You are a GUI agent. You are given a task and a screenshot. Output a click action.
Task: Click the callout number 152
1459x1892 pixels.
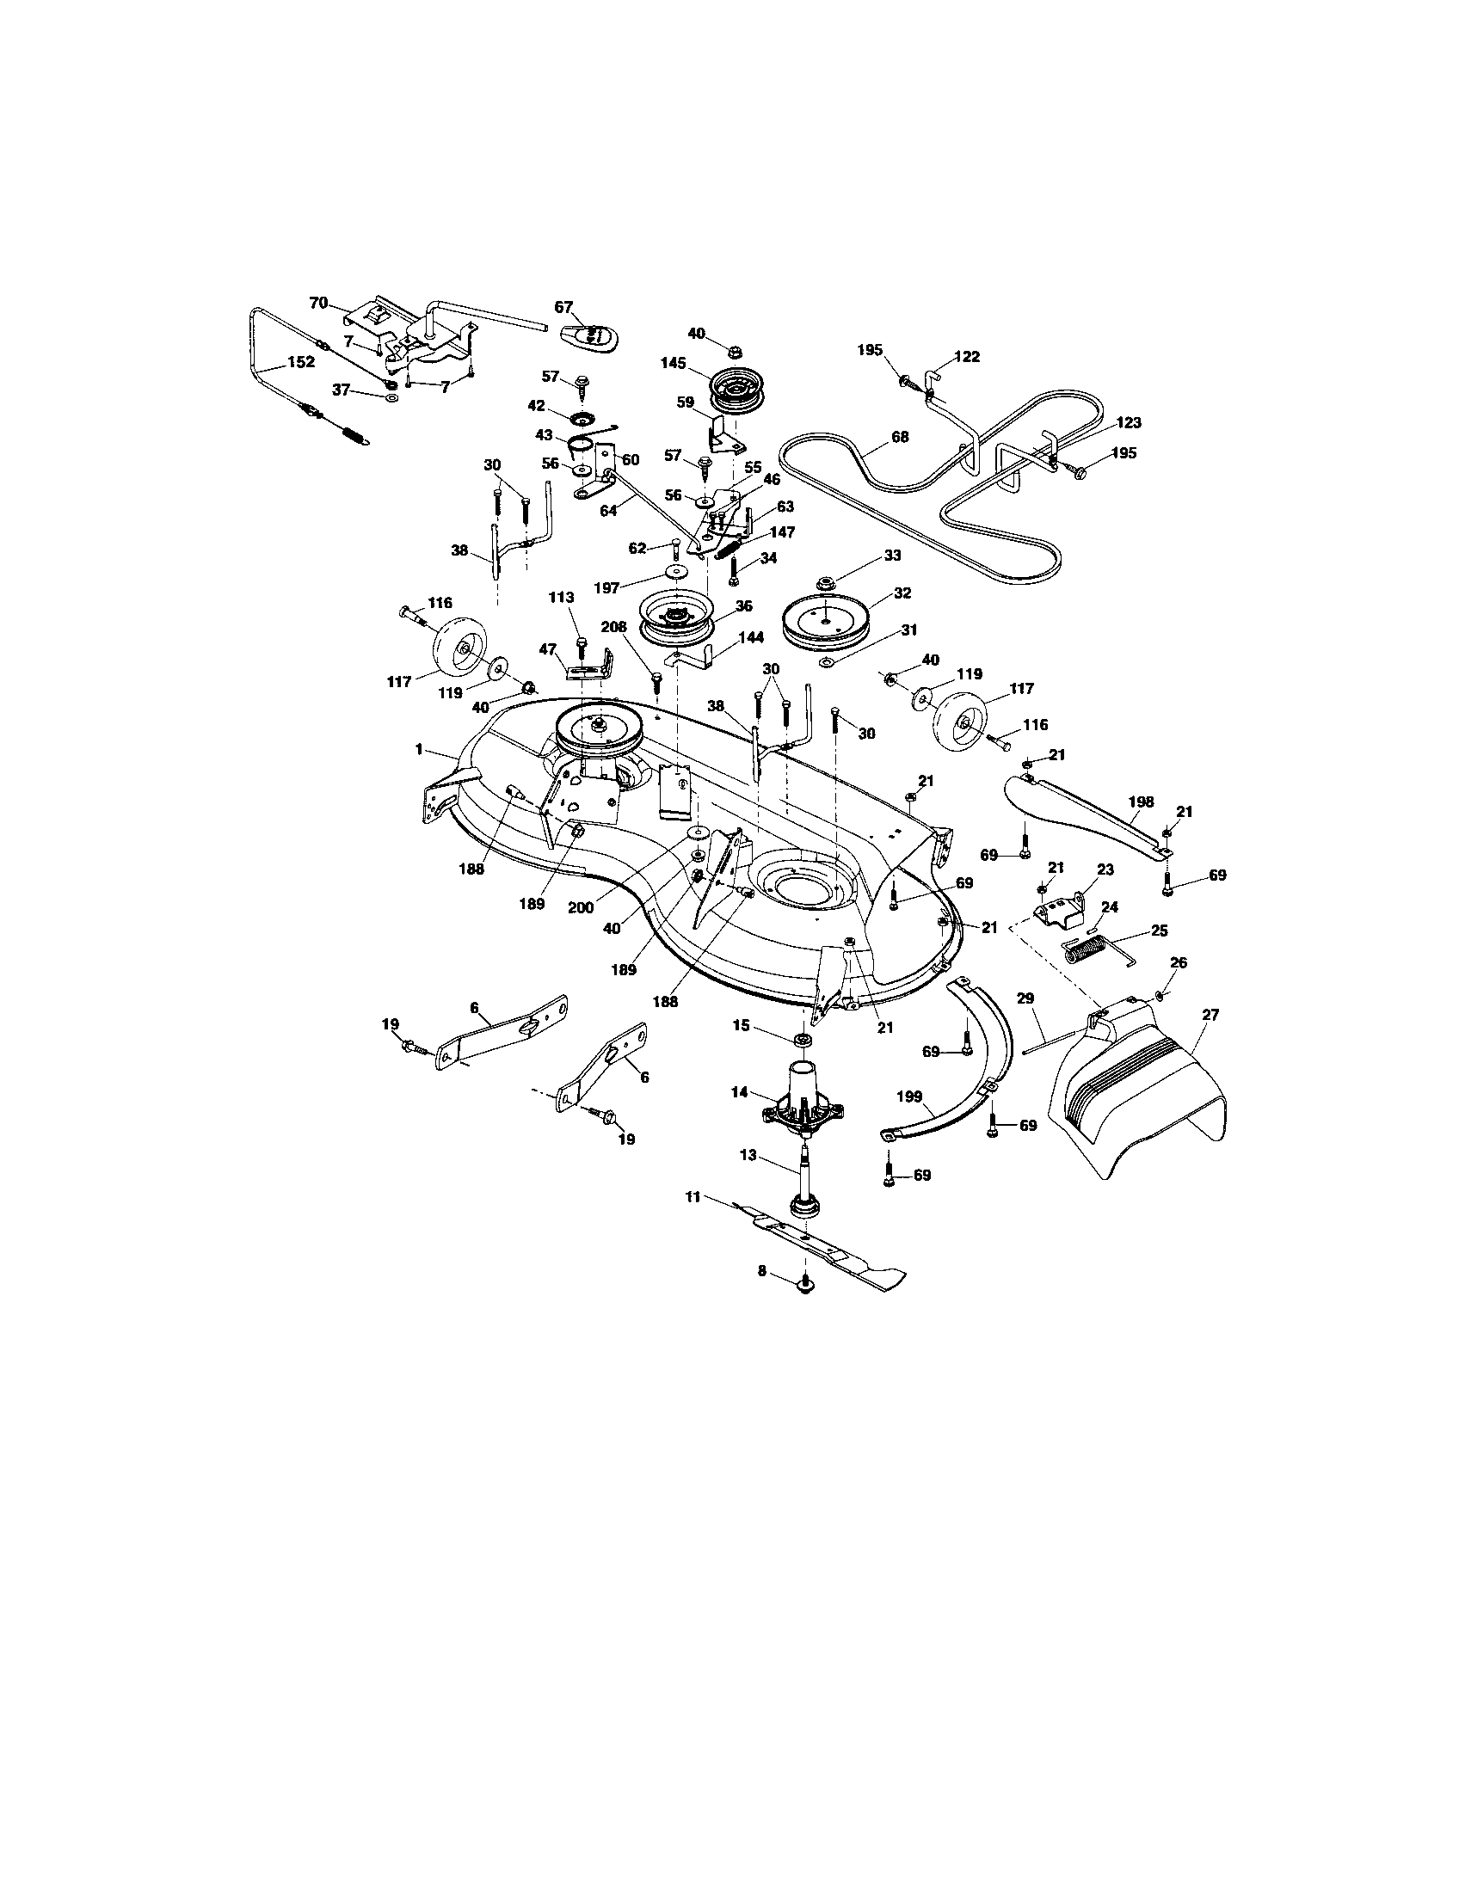click(300, 362)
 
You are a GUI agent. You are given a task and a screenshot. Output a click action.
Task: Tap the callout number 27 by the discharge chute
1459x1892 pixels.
click(1210, 1015)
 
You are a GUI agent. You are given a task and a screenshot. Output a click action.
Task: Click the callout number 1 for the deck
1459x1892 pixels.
click(419, 749)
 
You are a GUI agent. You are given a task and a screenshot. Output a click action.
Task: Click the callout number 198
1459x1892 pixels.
click(1141, 802)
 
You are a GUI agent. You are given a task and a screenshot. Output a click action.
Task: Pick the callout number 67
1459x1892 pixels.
click(563, 307)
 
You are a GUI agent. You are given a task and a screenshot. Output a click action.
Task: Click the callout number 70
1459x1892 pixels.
click(319, 303)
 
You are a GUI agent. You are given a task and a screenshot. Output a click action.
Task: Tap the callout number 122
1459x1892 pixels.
click(967, 356)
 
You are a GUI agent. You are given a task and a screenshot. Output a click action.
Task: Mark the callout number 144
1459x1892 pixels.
click(750, 637)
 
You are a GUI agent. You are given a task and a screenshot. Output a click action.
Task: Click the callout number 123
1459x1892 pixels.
click(1129, 423)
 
